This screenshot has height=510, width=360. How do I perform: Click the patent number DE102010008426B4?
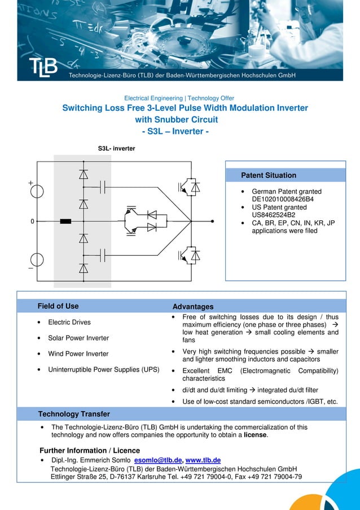coord(282,199)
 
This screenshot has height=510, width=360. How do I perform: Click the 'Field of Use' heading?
coord(58,306)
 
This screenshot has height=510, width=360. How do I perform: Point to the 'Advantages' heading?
coord(193,307)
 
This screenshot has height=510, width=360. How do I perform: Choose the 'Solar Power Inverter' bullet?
coord(78,338)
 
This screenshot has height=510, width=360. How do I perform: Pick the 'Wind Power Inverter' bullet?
coord(78,354)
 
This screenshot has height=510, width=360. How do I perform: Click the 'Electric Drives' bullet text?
coord(69,322)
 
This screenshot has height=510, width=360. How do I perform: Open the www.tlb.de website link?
coord(203,460)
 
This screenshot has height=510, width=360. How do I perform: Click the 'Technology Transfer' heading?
coord(74,414)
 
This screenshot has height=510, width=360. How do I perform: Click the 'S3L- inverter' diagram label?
coord(117,149)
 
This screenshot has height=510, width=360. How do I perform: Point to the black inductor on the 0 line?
coord(65,221)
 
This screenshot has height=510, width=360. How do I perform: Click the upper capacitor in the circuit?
coord(103,186)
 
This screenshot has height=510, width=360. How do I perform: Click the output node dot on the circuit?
coord(212,221)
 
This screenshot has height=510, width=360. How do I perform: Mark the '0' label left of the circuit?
coord(32,221)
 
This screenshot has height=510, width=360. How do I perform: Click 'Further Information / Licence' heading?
coord(90,451)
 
